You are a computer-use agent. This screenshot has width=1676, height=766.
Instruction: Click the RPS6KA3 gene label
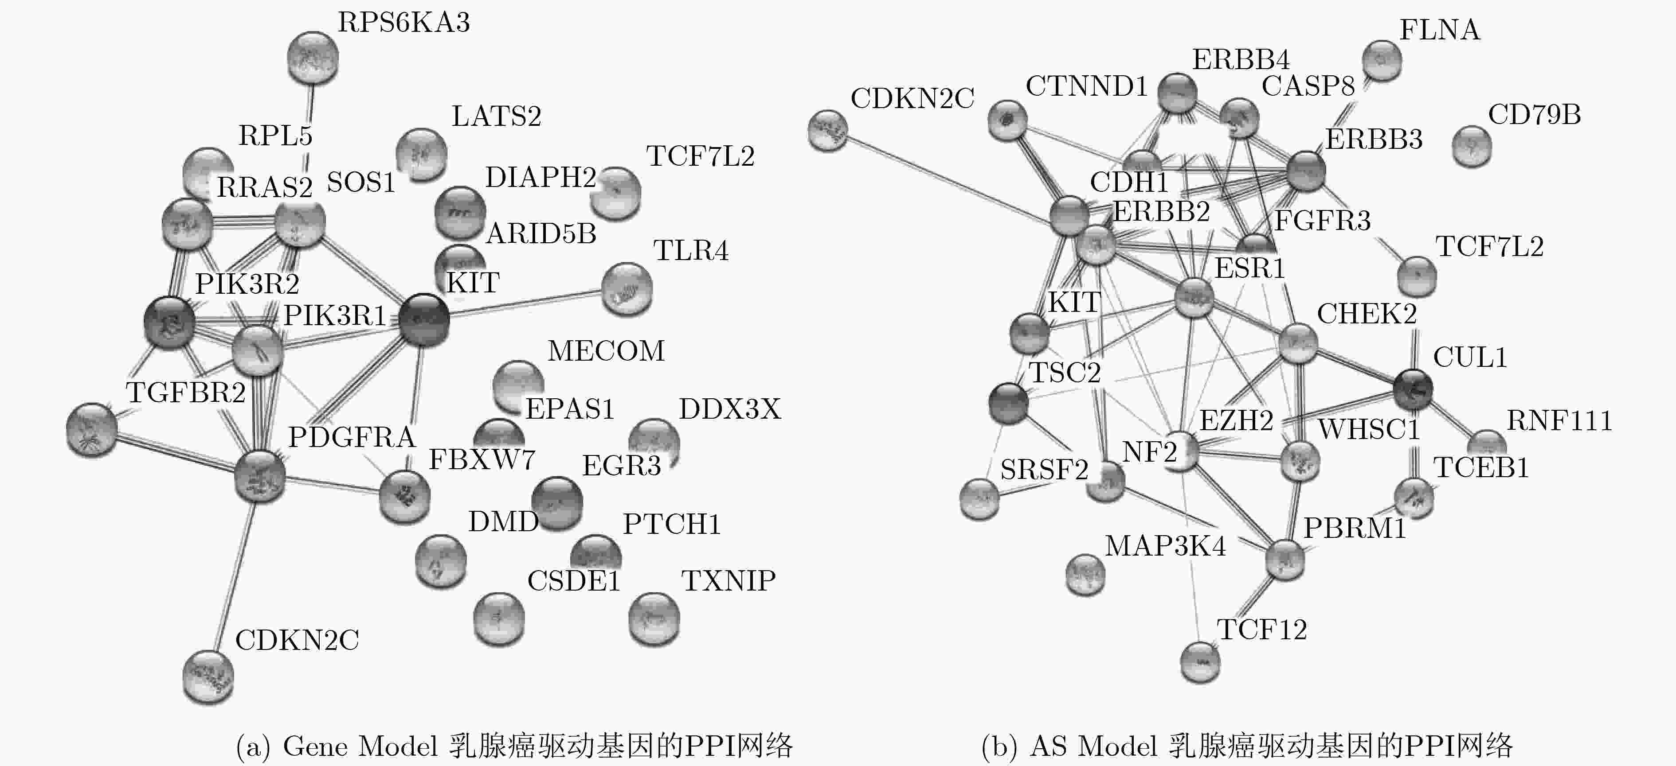point(403,23)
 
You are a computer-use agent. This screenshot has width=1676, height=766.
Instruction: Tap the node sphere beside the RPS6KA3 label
point(313,58)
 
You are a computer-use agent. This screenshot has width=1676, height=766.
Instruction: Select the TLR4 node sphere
point(627,289)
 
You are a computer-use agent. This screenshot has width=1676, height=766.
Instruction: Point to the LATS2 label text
point(497,117)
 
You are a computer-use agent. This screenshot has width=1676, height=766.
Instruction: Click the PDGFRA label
point(352,437)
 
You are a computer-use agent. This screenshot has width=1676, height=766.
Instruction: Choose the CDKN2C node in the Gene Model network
point(208,676)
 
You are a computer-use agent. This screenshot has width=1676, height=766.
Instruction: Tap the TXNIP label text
point(728,581)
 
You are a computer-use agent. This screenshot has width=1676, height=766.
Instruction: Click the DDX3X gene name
point(729,409)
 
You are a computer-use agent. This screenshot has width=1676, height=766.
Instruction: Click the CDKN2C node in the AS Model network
point(828,130)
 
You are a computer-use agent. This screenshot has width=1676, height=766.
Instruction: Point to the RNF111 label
point(1559,421)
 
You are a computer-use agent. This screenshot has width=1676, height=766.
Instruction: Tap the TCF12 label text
point(1261,630)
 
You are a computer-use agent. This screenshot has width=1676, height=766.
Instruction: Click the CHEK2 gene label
point(1367,314)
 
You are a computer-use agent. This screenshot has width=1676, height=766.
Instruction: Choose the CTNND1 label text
point(1087,86)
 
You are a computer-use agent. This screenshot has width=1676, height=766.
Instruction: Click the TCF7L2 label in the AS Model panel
point(1490,246)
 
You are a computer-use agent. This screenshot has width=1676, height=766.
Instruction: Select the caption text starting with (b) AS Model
point(1247,746)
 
